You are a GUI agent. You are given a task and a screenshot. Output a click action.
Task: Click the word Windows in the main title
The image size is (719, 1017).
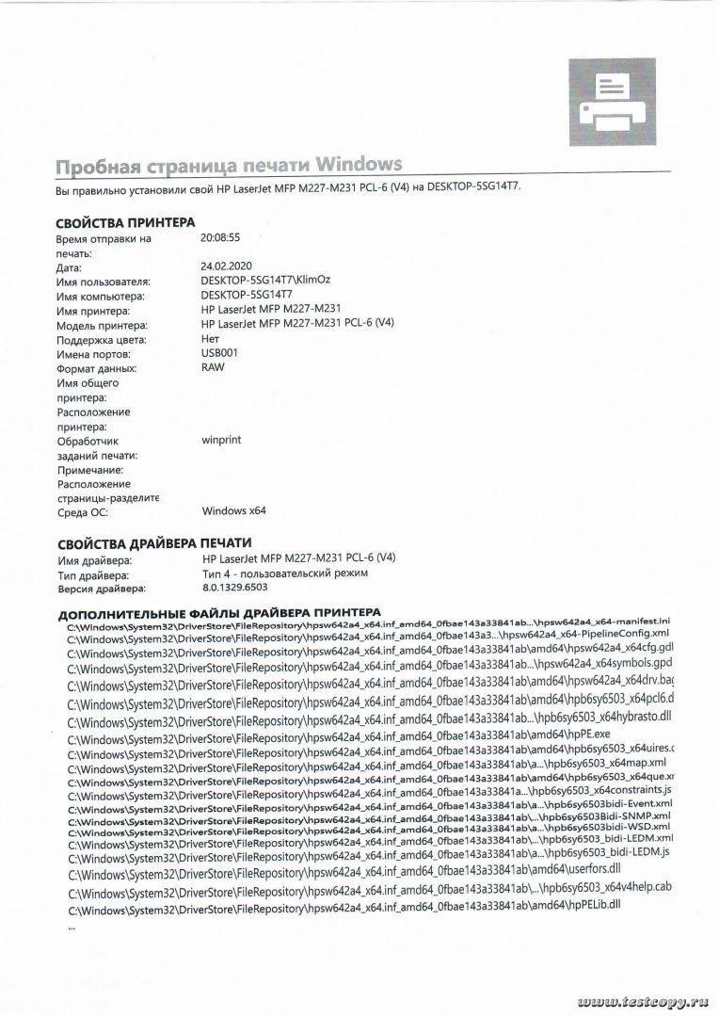tap(360, 166)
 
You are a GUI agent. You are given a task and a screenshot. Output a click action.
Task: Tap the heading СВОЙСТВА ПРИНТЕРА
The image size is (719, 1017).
tap(126, 222)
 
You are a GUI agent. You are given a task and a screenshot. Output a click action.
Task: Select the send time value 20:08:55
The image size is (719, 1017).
tap(220, 238)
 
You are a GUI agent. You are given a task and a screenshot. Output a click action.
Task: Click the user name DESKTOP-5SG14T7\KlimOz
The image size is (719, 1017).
tap(265, 281)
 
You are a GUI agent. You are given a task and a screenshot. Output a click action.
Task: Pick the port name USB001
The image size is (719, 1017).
tap(220, 353)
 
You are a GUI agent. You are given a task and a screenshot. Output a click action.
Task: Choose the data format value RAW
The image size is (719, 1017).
tap(213, 367)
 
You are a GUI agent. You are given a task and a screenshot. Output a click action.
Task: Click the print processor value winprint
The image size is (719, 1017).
tap(223, 439)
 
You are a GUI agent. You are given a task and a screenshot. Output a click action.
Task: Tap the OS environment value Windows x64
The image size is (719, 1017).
tap(234, 511)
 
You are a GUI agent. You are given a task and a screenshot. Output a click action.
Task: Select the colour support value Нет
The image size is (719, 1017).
tap(211, 338)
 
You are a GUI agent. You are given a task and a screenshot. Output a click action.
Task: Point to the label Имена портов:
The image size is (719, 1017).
tap(97, 353)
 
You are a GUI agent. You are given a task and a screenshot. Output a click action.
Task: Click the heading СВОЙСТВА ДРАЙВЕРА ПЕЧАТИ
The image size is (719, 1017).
tap(154, 543)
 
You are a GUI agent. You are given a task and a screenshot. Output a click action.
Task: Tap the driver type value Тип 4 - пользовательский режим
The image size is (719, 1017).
tap(284, 573)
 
